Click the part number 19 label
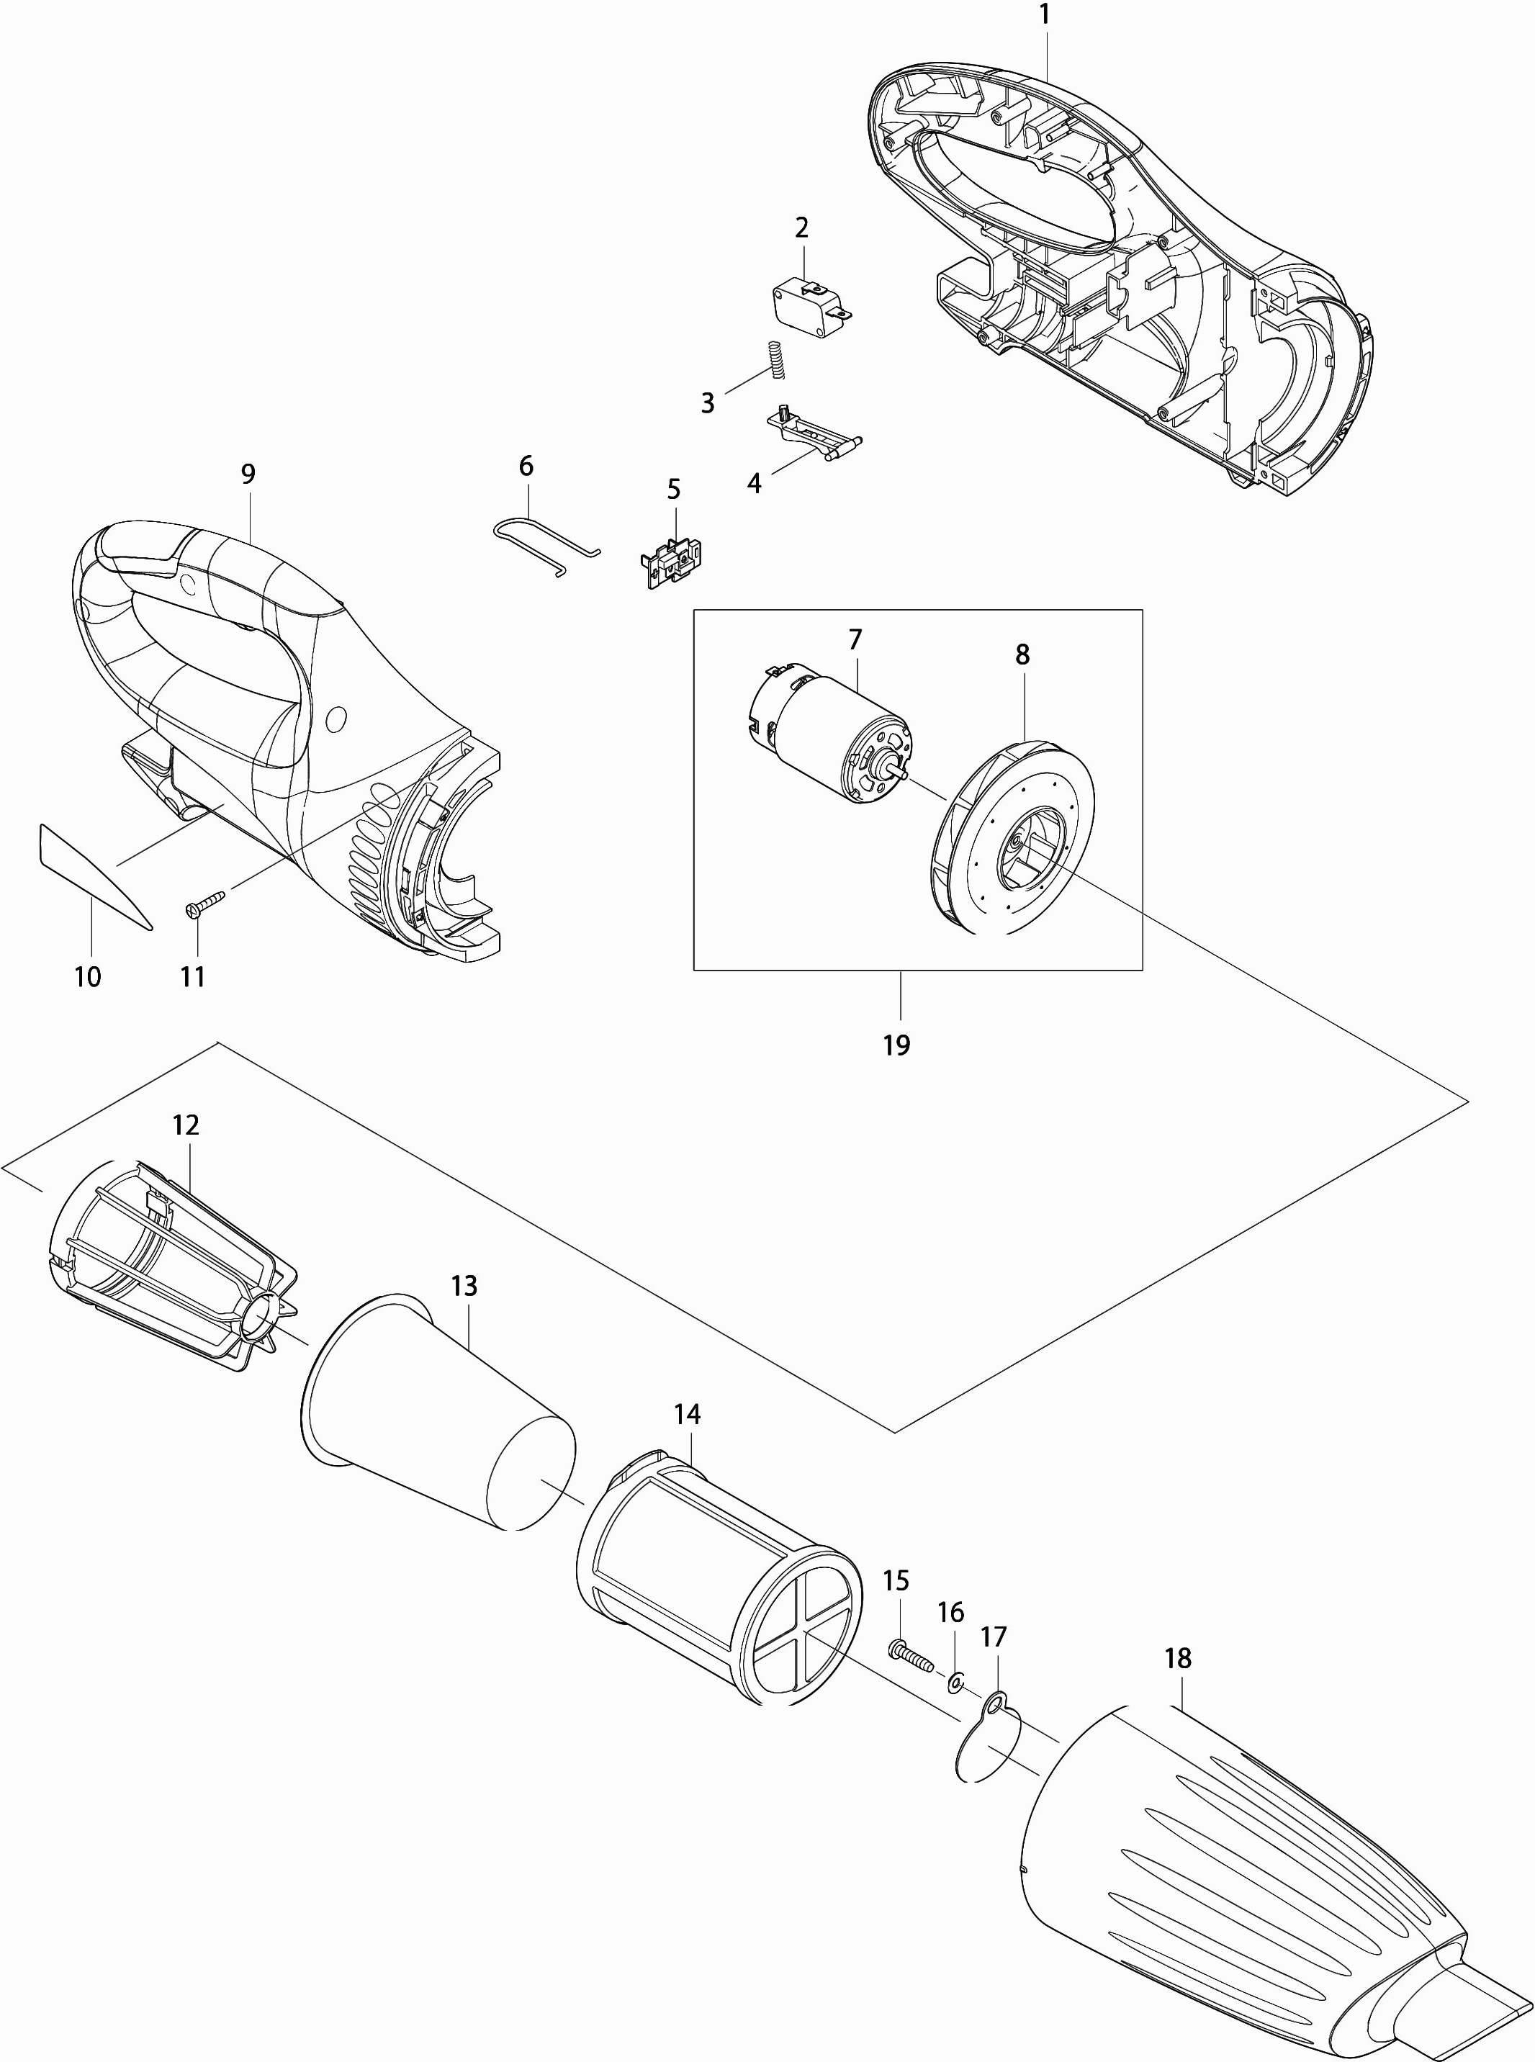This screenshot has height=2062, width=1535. [896, 1045]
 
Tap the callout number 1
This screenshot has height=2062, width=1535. [1045, 15]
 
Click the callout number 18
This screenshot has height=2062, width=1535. [1177, 1658]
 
